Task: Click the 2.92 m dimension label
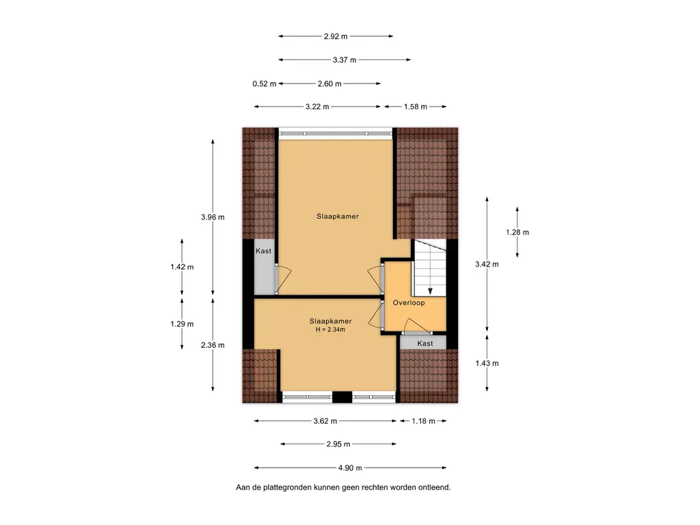[336, 37]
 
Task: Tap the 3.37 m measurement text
[345, 60]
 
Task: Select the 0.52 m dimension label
[265, 84]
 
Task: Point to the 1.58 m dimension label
[415, 107]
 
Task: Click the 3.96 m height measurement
[213, 217]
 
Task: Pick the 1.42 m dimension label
[182, 267]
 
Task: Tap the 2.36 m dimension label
[213, 345]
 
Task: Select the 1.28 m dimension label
[517, 232]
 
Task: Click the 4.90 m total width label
[350, 468]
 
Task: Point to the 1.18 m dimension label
[423, 421]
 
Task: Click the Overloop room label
[409, 303]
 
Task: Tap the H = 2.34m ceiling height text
[330, 330]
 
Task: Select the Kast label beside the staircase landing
[425, 343]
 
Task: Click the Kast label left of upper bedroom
[263, 251]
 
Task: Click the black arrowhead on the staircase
[431, 291]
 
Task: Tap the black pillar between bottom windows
[342, 397]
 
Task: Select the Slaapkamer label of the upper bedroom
[338, 217]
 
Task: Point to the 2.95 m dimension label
[338, 444]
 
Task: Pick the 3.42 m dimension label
[487, 265]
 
